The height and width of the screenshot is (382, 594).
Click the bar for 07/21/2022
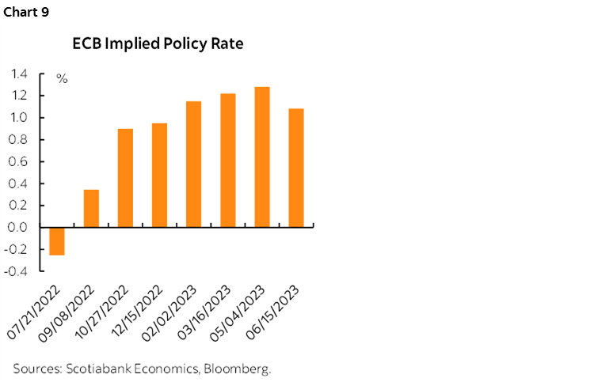click(57, 240)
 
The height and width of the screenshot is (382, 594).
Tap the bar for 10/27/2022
click(125, 178)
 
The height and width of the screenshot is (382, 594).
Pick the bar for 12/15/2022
click(159, 175)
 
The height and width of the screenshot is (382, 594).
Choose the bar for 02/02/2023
click(193, 164)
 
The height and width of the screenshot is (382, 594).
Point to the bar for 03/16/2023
click(227, 160)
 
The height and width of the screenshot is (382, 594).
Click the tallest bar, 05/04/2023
click(261, 157)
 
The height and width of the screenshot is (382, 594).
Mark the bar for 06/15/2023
click(295, 168)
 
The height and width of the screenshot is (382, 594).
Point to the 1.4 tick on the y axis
click(20, 74)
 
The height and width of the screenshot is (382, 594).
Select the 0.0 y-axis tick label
click(20, 227)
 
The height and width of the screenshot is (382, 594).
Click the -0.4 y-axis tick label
click(17, 271)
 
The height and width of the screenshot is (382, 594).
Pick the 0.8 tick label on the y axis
click(20, 140)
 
